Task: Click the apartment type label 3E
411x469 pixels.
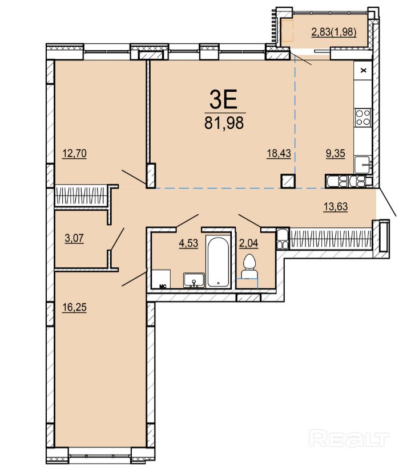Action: (223, 100)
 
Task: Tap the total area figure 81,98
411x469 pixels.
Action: (224, 123)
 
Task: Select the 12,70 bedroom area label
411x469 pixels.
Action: (74, 153)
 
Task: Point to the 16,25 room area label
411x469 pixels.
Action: (74, 307)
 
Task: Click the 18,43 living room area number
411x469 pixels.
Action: (279, 153)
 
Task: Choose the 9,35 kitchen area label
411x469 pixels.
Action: (336, 153)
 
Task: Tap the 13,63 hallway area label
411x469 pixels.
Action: (336, 207)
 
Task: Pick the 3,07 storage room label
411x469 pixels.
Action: (74, 238)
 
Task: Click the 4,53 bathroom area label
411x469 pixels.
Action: (188, 243)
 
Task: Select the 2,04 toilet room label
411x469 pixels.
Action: (249, 243)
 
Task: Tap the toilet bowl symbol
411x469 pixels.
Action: (249, 267)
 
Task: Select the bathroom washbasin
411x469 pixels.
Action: (194, 280)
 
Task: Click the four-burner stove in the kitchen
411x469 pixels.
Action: (363, 117)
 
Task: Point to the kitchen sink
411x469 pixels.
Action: (363, 165)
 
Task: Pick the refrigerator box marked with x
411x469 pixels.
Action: (363, 70)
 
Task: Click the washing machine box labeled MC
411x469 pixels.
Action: (161, 279)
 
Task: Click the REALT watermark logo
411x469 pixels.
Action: (349, 438)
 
